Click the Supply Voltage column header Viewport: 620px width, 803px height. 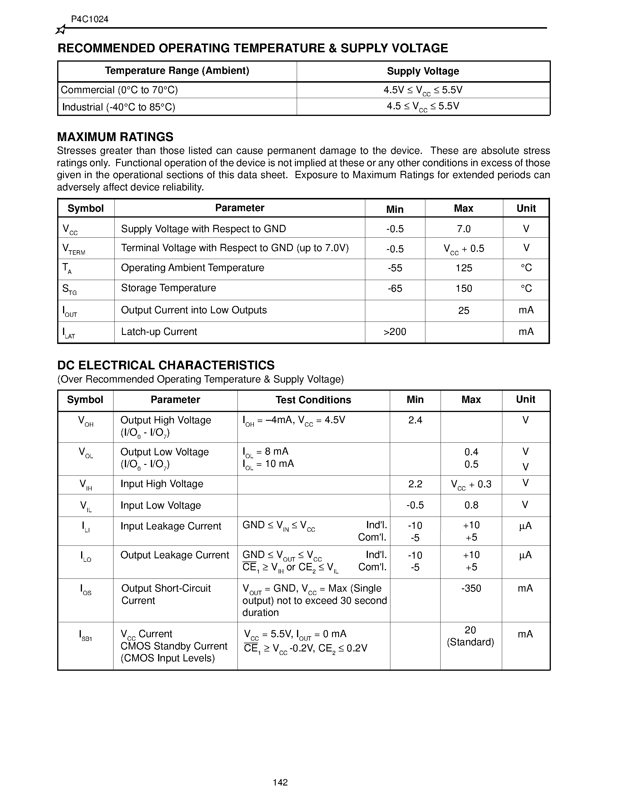point(423,71)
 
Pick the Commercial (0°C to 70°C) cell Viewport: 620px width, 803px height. point(119,90)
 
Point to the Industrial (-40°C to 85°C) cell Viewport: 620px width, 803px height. point(119,107)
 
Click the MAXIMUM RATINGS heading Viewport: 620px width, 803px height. point(115,137)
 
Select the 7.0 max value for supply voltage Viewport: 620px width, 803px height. point(464,229)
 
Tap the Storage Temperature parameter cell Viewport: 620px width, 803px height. point(169,288)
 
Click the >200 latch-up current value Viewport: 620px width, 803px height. point(395,332)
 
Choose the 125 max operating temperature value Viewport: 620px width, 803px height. point(464,268)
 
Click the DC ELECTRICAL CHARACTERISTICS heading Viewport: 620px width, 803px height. point(166,365)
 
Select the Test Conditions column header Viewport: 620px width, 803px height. point(313,400)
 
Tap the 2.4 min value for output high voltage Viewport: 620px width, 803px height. point(415,420)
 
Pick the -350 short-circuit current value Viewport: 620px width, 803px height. point(471,589)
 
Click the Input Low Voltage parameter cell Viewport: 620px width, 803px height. point(160,505)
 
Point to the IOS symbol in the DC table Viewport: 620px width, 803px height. point(85,590)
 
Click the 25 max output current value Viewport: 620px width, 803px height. point(464,311)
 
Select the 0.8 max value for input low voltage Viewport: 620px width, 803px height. point(471,505)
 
